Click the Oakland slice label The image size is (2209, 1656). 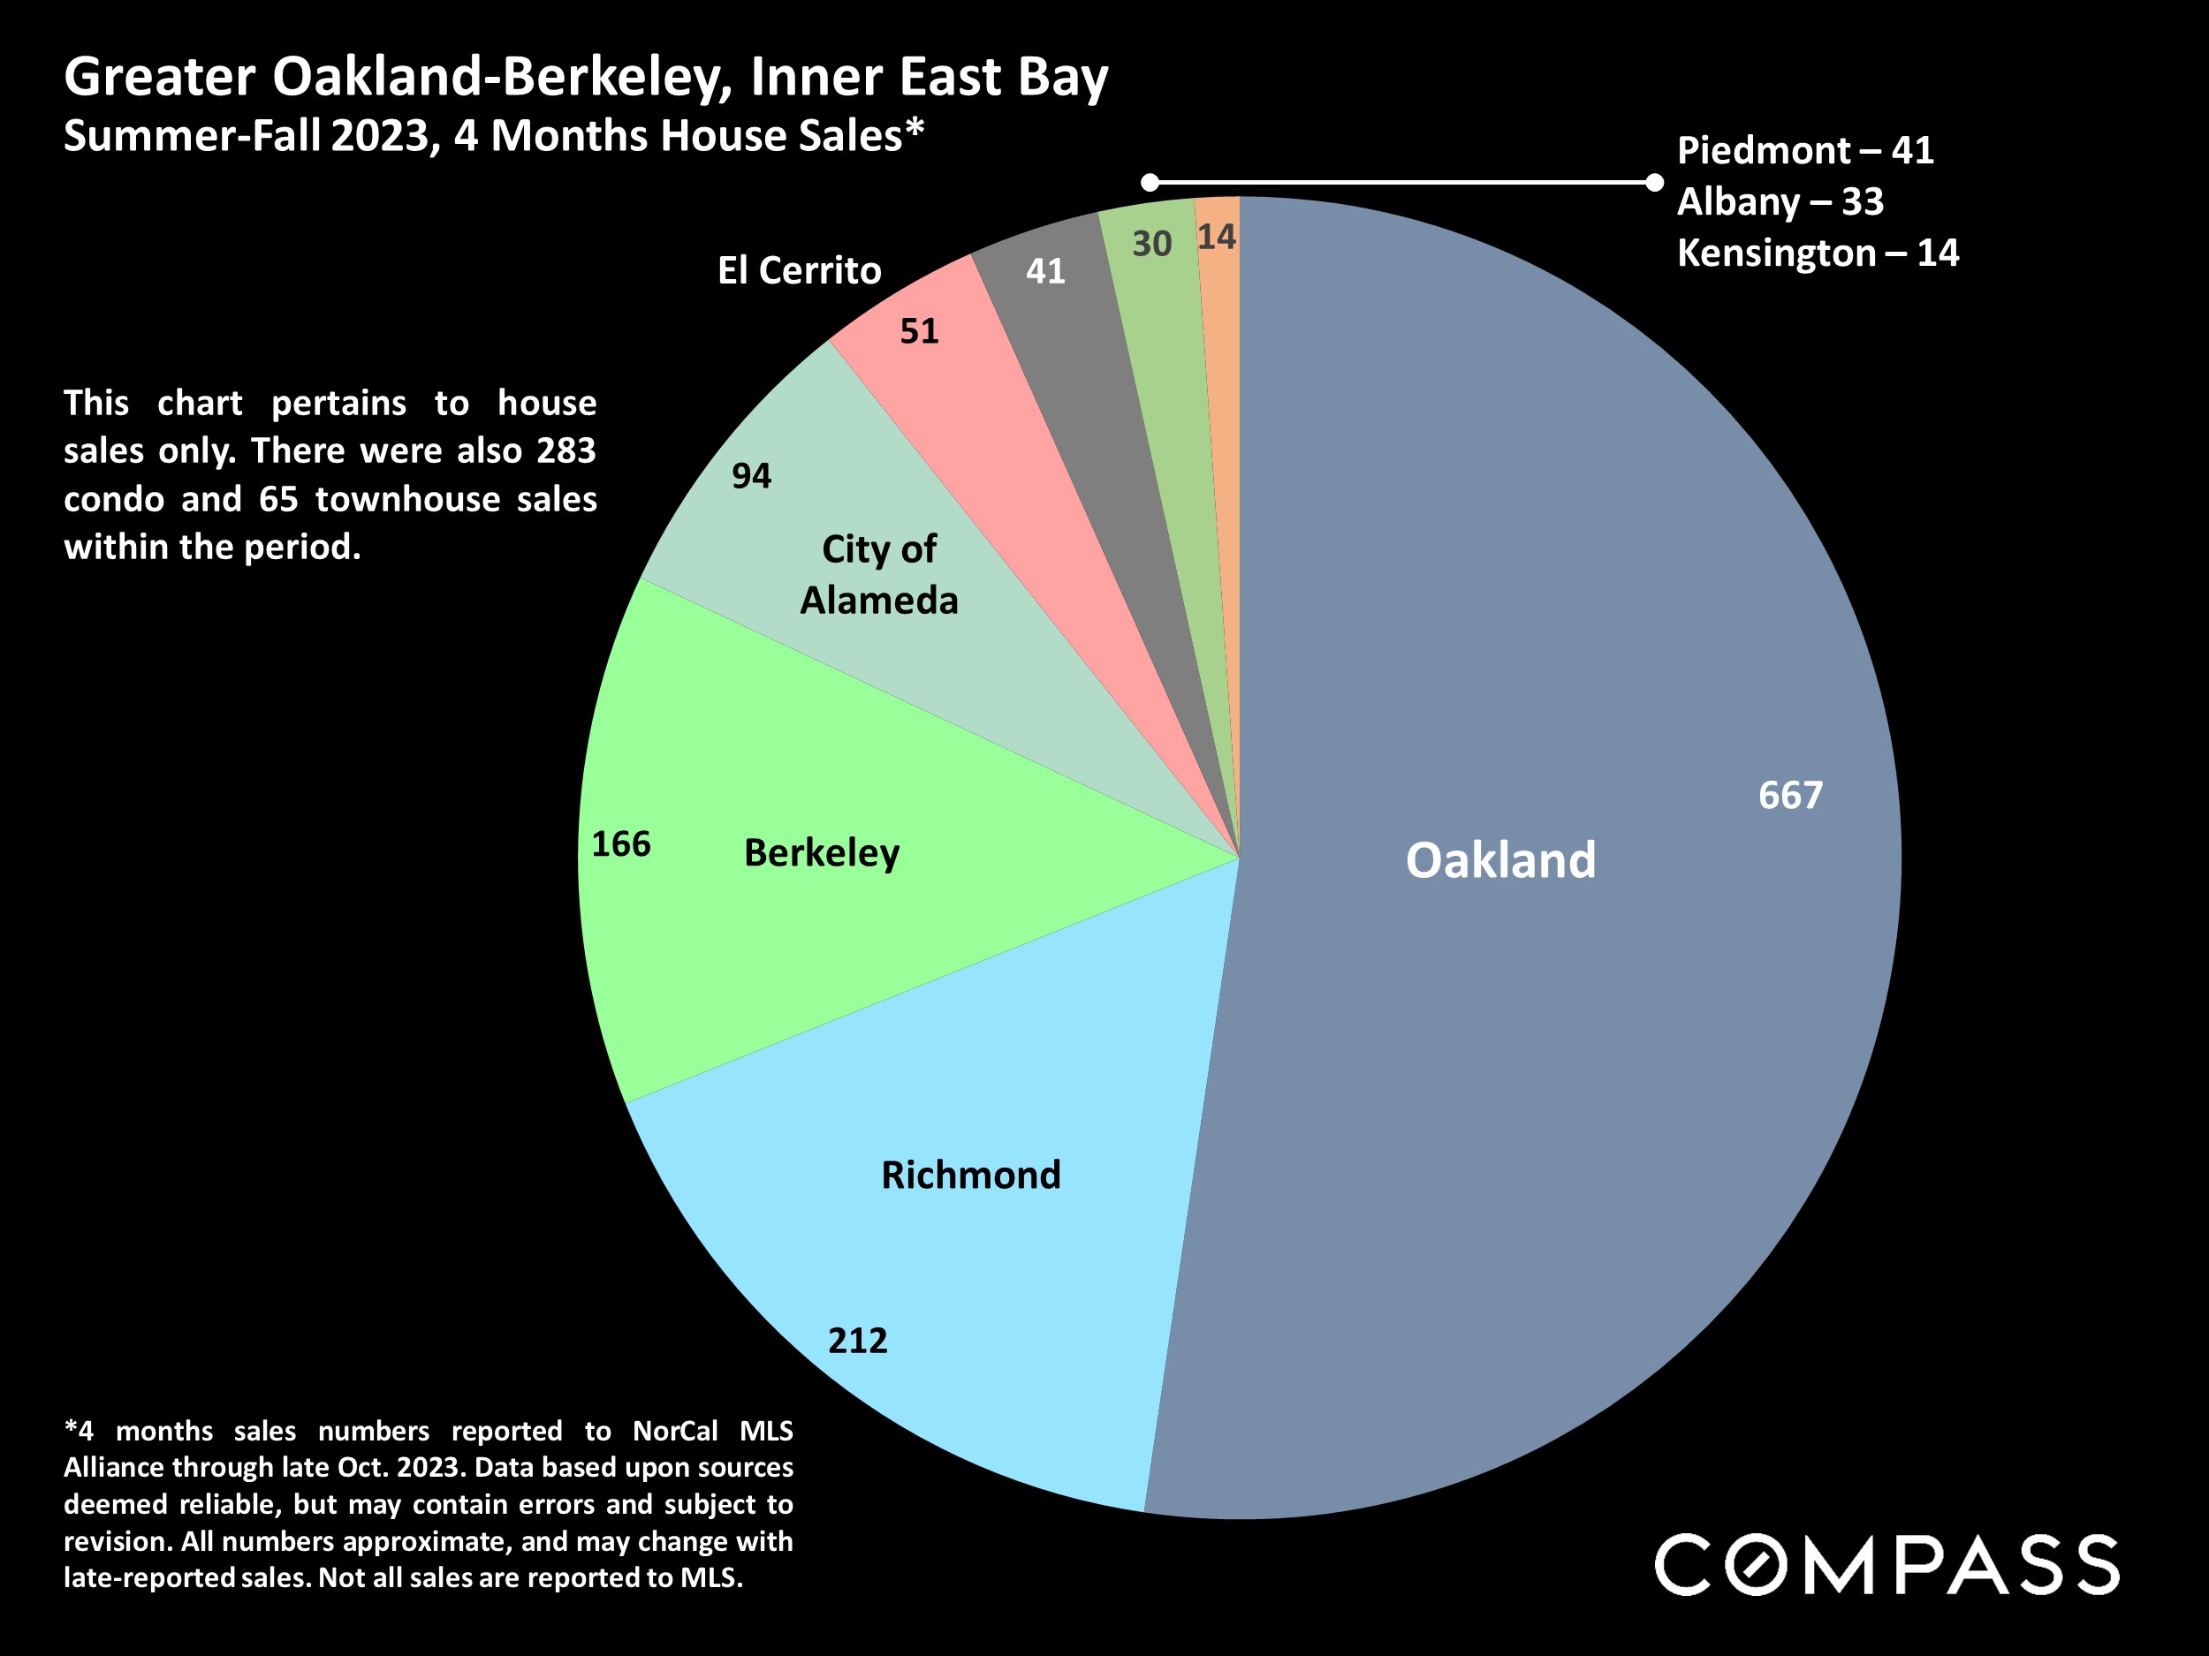tap(1500, 860)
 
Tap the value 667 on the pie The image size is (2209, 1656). tap(1789, 796)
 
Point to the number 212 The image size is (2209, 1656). tap(858, 1340)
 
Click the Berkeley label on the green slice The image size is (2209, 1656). tap(822, 853)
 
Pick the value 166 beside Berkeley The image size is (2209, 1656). tap(620, 844)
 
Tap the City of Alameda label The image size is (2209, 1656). tap(879, 575)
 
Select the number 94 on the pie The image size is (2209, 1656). tap(751, 476)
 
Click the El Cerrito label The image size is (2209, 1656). tap(799, 270)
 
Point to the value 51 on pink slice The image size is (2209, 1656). tap(919, 331)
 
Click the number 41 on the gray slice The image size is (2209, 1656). tap(1045, 271)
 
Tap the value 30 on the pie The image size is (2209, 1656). tap(1151, 245)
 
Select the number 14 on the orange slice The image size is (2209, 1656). tap(1217, 238)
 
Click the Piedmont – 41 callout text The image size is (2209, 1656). tap(1804, 151)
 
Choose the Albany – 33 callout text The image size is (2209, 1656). tap(1780, 202)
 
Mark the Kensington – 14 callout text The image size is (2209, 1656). tap(1818, 253)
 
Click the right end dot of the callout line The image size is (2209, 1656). tap(1655, 182)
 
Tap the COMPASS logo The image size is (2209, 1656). tap(1886, 1564)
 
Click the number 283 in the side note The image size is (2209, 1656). tap(566, 451)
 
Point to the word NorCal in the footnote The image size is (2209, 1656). tap(675, 1432)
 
